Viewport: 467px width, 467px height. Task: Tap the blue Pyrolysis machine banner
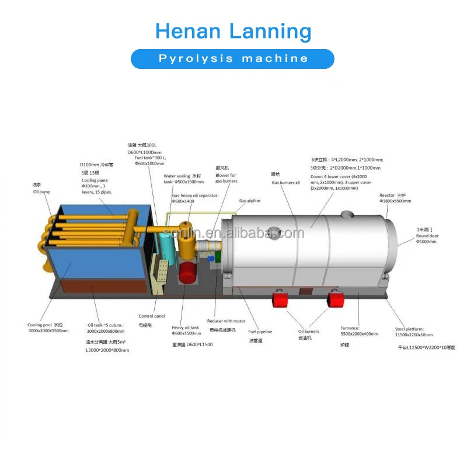[232, 58]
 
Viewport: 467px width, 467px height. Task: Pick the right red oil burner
[336, 299]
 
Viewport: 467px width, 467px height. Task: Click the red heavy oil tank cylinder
[189, 274]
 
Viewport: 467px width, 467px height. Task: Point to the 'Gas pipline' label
[249, 200]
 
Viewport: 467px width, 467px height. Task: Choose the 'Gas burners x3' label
[285, 183]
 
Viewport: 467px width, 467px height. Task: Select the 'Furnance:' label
[350, 328]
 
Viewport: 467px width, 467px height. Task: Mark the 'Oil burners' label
[309, 332]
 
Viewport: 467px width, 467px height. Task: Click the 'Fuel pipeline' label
[260, 332]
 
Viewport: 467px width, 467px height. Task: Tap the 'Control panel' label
[152, 316]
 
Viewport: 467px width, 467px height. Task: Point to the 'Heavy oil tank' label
[186, 327]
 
